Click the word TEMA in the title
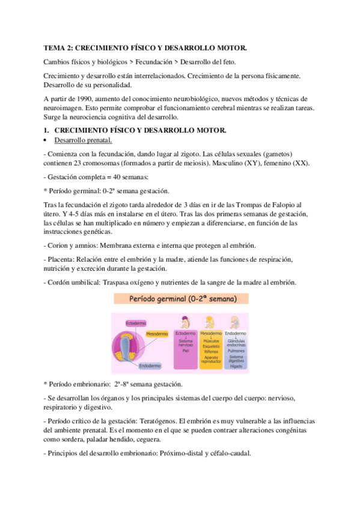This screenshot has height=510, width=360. click(55, 48)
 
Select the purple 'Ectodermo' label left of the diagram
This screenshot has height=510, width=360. click(135, 324)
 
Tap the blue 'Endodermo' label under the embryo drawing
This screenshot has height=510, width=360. click(150, 365)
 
